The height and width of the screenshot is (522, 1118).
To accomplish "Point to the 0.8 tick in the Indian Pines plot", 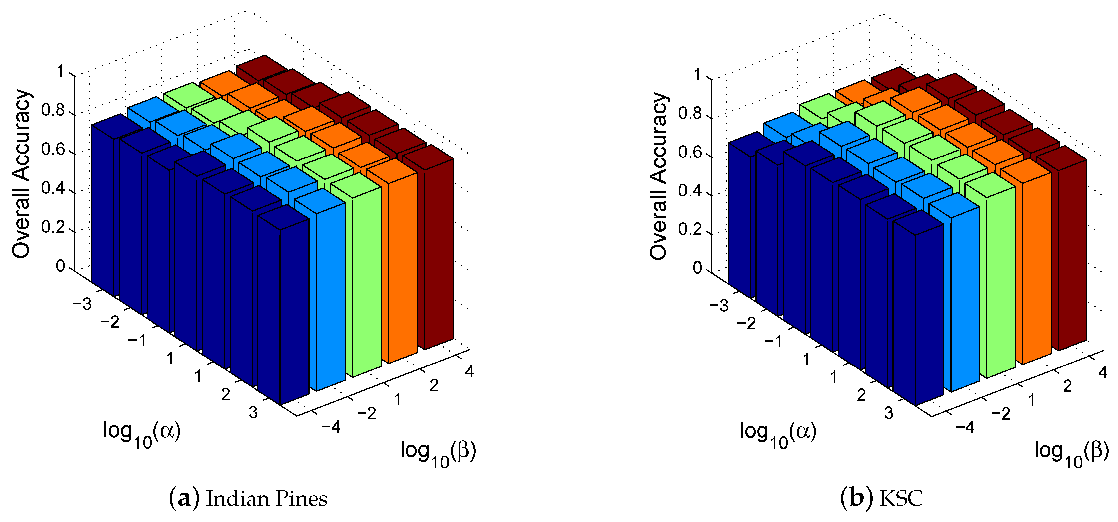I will pyautogui.click(x=52, y=111).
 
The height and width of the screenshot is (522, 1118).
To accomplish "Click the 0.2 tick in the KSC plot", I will pyautogui.click(x=690, y=229).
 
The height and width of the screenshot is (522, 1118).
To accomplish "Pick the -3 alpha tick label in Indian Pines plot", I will pyautogui.click(x=82, y=304).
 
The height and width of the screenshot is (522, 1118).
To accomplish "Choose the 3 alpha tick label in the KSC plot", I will pyautogui.click(x=889, y=413).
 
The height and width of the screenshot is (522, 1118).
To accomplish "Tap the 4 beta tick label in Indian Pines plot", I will pyautogui.click(x=469, y=371).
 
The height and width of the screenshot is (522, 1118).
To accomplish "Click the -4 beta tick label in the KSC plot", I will pyautogui.click(x=965, y=428).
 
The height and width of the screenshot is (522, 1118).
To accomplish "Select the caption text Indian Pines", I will pyautogui.click(x=266, y=499).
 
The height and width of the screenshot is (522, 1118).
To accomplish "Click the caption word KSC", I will pyautogui.click(x=901, y=499).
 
